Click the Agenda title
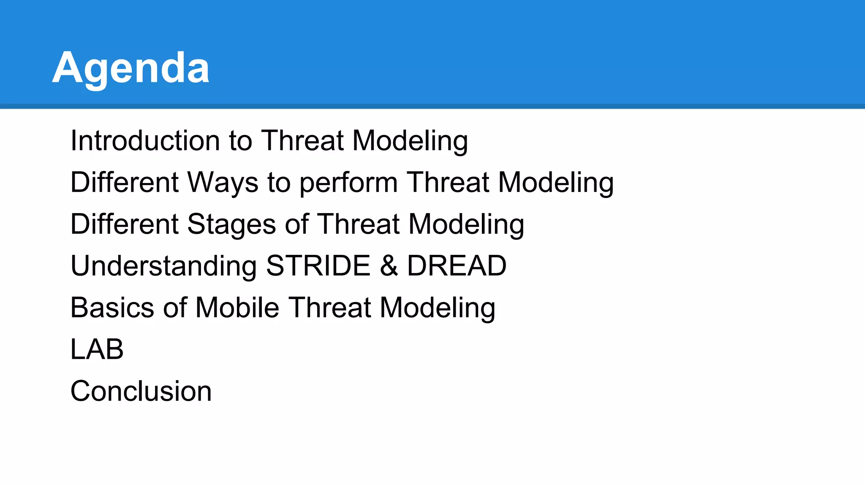coord(131,68)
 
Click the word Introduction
coord(145,140)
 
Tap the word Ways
coord(223,182)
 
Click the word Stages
coord(231,224)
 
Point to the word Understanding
coord(163,266)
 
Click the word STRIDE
coord(318,266)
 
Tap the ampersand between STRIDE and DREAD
coord(389,266)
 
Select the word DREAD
coord(457,266)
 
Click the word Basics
coord(112,308)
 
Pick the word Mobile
coord(237,308)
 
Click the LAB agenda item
coord(97,349)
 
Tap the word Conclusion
coord(141,391)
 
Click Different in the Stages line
coord(124,224)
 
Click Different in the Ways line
coord(124,182)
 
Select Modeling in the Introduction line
coord(410,141)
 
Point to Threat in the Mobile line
coord(330,308)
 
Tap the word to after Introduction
coord(240,140)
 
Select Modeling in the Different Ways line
coord(556,183)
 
